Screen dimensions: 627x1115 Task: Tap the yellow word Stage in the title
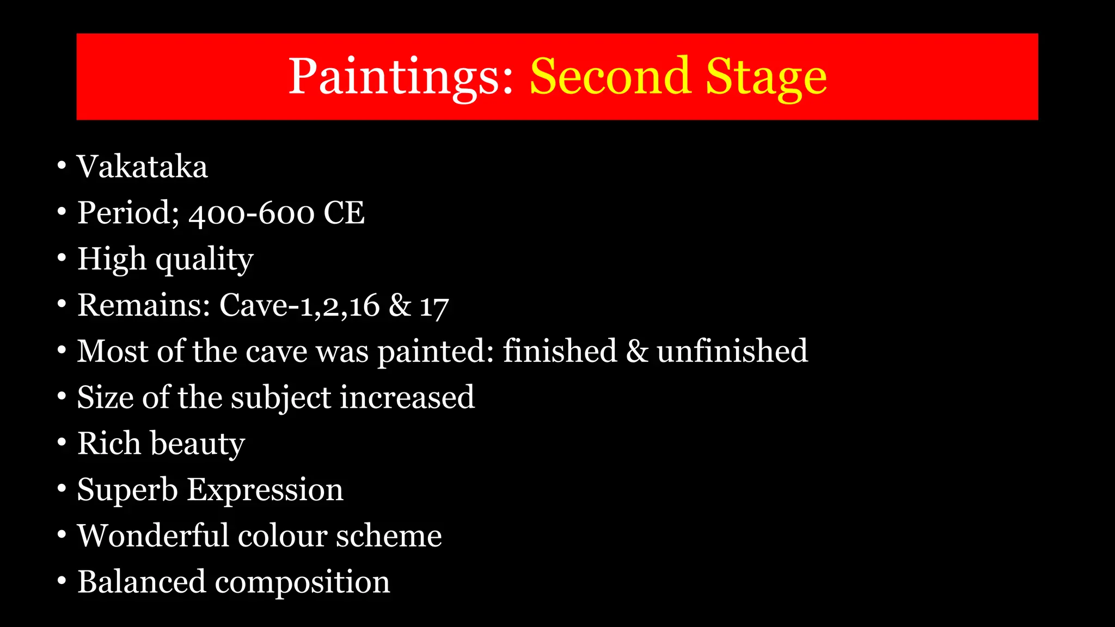(x=766, y=77)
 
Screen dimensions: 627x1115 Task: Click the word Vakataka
(x=142, y=167)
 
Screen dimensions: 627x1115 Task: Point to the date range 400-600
(x=252, y=213)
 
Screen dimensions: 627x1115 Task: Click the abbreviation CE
(x=344, y=213)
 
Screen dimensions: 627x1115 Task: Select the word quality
(x=205, y=260)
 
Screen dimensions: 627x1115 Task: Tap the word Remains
(x=144, y=305)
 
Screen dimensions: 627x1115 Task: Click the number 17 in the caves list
(x=434, y=306)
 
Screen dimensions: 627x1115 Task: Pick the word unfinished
(x=732, y=351)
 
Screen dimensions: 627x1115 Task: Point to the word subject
(x=281, y=398)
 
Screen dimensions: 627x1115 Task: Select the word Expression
(x=265, y=490)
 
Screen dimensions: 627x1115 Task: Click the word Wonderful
(x=152, y=536)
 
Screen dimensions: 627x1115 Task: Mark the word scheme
(x=389, y=536)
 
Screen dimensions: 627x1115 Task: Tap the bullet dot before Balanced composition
(x=62, y=581)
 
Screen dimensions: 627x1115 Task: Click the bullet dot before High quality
(x=62, y=257)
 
